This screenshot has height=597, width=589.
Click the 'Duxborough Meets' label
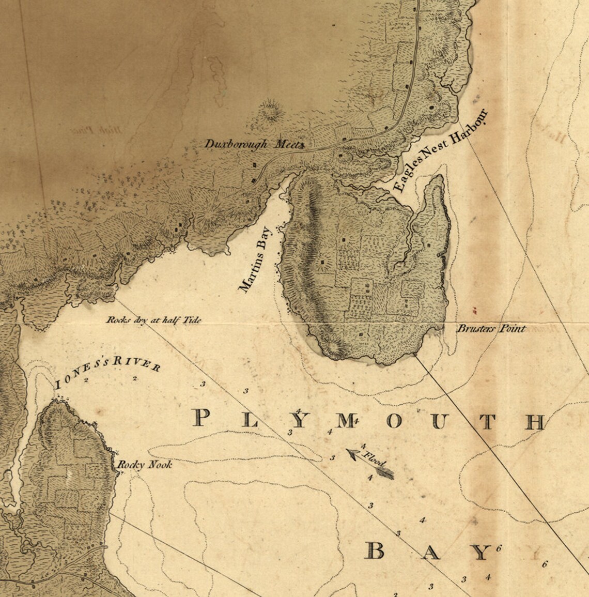pyautogui.click(x=254, y=144)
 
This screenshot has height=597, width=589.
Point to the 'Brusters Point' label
pyautogui.click(x=491, y=329)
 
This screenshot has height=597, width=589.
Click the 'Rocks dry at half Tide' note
pyautogui.click(x=153, y=320)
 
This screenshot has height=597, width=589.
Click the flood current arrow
pyautogui.click(x=369, y=464)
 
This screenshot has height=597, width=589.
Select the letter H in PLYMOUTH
pyautogui.click(x=535, y=422)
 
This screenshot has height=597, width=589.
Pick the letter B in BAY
pyautogui.click(x=376, y=552)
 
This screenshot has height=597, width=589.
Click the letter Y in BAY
pyautogui.click(x=481, y=553)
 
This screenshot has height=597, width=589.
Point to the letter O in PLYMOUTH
pyautogui.click(x=394, y=421)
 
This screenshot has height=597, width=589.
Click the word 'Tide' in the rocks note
pyautogui.click(x=191, y=320)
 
